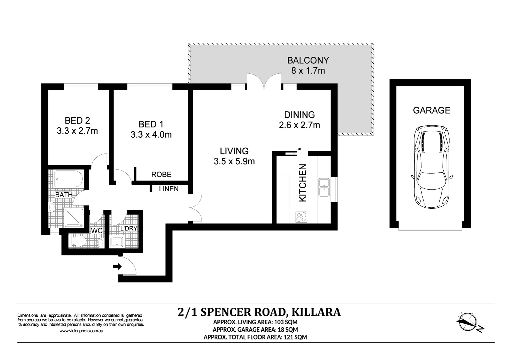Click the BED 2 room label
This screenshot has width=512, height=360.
pyautogui.click(x=77, y=120)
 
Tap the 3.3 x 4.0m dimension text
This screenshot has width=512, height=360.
pyautogui.click(x=151, y=135)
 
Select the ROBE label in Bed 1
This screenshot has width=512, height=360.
pyautogui.click(x=161, y=174)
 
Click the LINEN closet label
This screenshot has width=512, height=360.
pyautogui.click(x=168, y=189)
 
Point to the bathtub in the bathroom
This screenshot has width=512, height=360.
pyautogui.click(x=68, y=179)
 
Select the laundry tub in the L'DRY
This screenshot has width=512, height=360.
pyautogui.click(x=117, y=242)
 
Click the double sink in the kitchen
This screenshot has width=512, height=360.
pyautogui.click(x=324, y=187)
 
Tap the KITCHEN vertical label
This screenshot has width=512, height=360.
pyautogui.click(x=303, y=183)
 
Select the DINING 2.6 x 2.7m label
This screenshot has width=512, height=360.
pyautogui.click(x=299, y=120)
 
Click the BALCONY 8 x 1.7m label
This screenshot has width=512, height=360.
pyautogui.click(x=308, y=65)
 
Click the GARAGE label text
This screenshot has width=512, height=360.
pyautogui.click(x=431, y=110)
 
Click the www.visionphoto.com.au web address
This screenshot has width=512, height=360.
pyautogui.click(x=81, y=331)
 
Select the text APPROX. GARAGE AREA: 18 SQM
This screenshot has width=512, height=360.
pyautogui.click(x=255, y=330)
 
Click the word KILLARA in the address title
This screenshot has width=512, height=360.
pyautogui.click(x=316, y=312)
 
